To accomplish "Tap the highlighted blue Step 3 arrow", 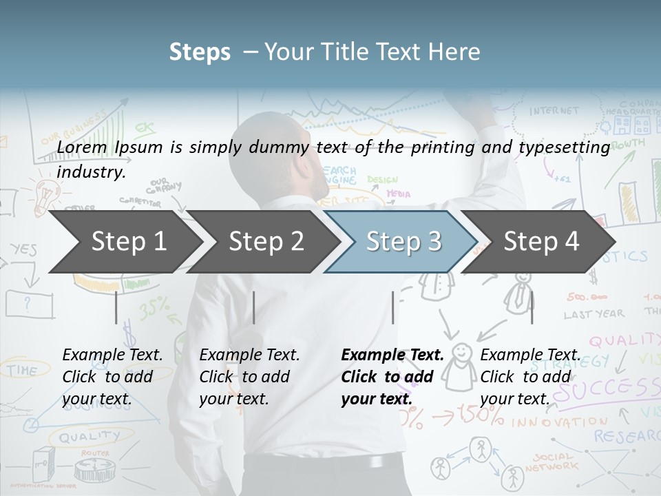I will (403, 241).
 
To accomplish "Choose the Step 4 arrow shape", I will (541, 241).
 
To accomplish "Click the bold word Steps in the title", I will (200, 52).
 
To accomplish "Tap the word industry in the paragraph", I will (91, 172).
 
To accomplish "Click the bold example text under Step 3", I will (391, 377).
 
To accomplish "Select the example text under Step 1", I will (112, 377).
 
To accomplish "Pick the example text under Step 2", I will (249, 377).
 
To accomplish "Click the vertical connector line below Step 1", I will (116, 307).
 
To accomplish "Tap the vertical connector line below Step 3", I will (392, 307).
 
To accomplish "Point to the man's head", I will (282, 155).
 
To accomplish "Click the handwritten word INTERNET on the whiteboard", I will (554, 110).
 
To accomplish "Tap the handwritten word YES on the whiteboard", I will (24, 249).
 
